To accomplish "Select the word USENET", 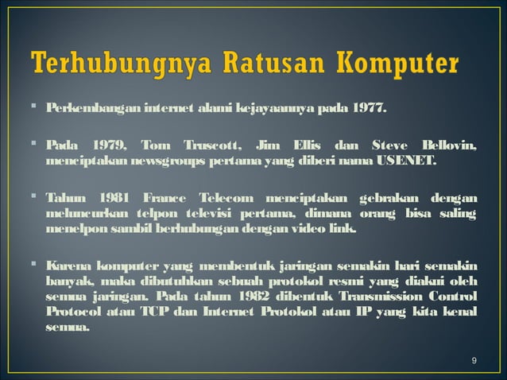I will coord(403,161).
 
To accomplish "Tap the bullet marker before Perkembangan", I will coord(37,107).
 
